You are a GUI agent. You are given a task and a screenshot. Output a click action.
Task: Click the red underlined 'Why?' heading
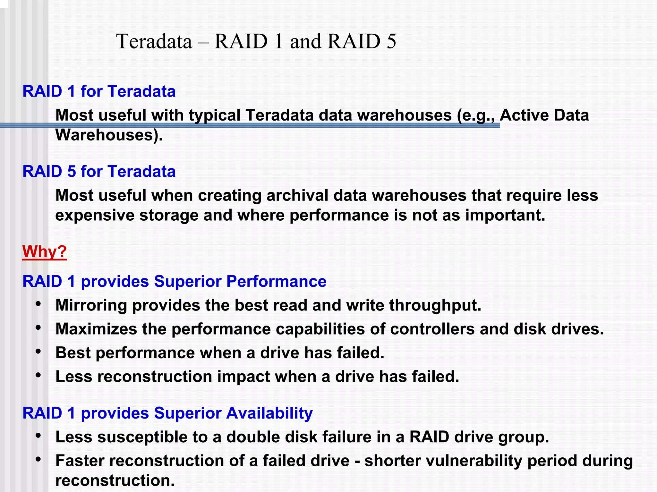point(44,251)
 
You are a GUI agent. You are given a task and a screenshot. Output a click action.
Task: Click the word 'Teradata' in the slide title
point(154,41)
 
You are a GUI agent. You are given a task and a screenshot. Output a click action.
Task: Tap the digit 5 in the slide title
point(391,41)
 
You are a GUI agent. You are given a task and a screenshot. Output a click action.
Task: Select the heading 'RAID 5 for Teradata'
point(99,171)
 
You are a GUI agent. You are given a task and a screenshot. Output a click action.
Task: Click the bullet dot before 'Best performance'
point(38,352)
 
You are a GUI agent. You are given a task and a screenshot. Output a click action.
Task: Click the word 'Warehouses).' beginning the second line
point(109,135)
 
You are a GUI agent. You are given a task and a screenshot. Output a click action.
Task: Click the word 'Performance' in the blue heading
point(276,281)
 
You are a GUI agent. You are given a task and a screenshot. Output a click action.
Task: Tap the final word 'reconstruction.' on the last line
point(115,480)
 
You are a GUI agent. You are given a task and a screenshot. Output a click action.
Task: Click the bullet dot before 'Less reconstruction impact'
point(38,375)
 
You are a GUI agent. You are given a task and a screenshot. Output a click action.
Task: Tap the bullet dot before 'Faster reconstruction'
point(38,460)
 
